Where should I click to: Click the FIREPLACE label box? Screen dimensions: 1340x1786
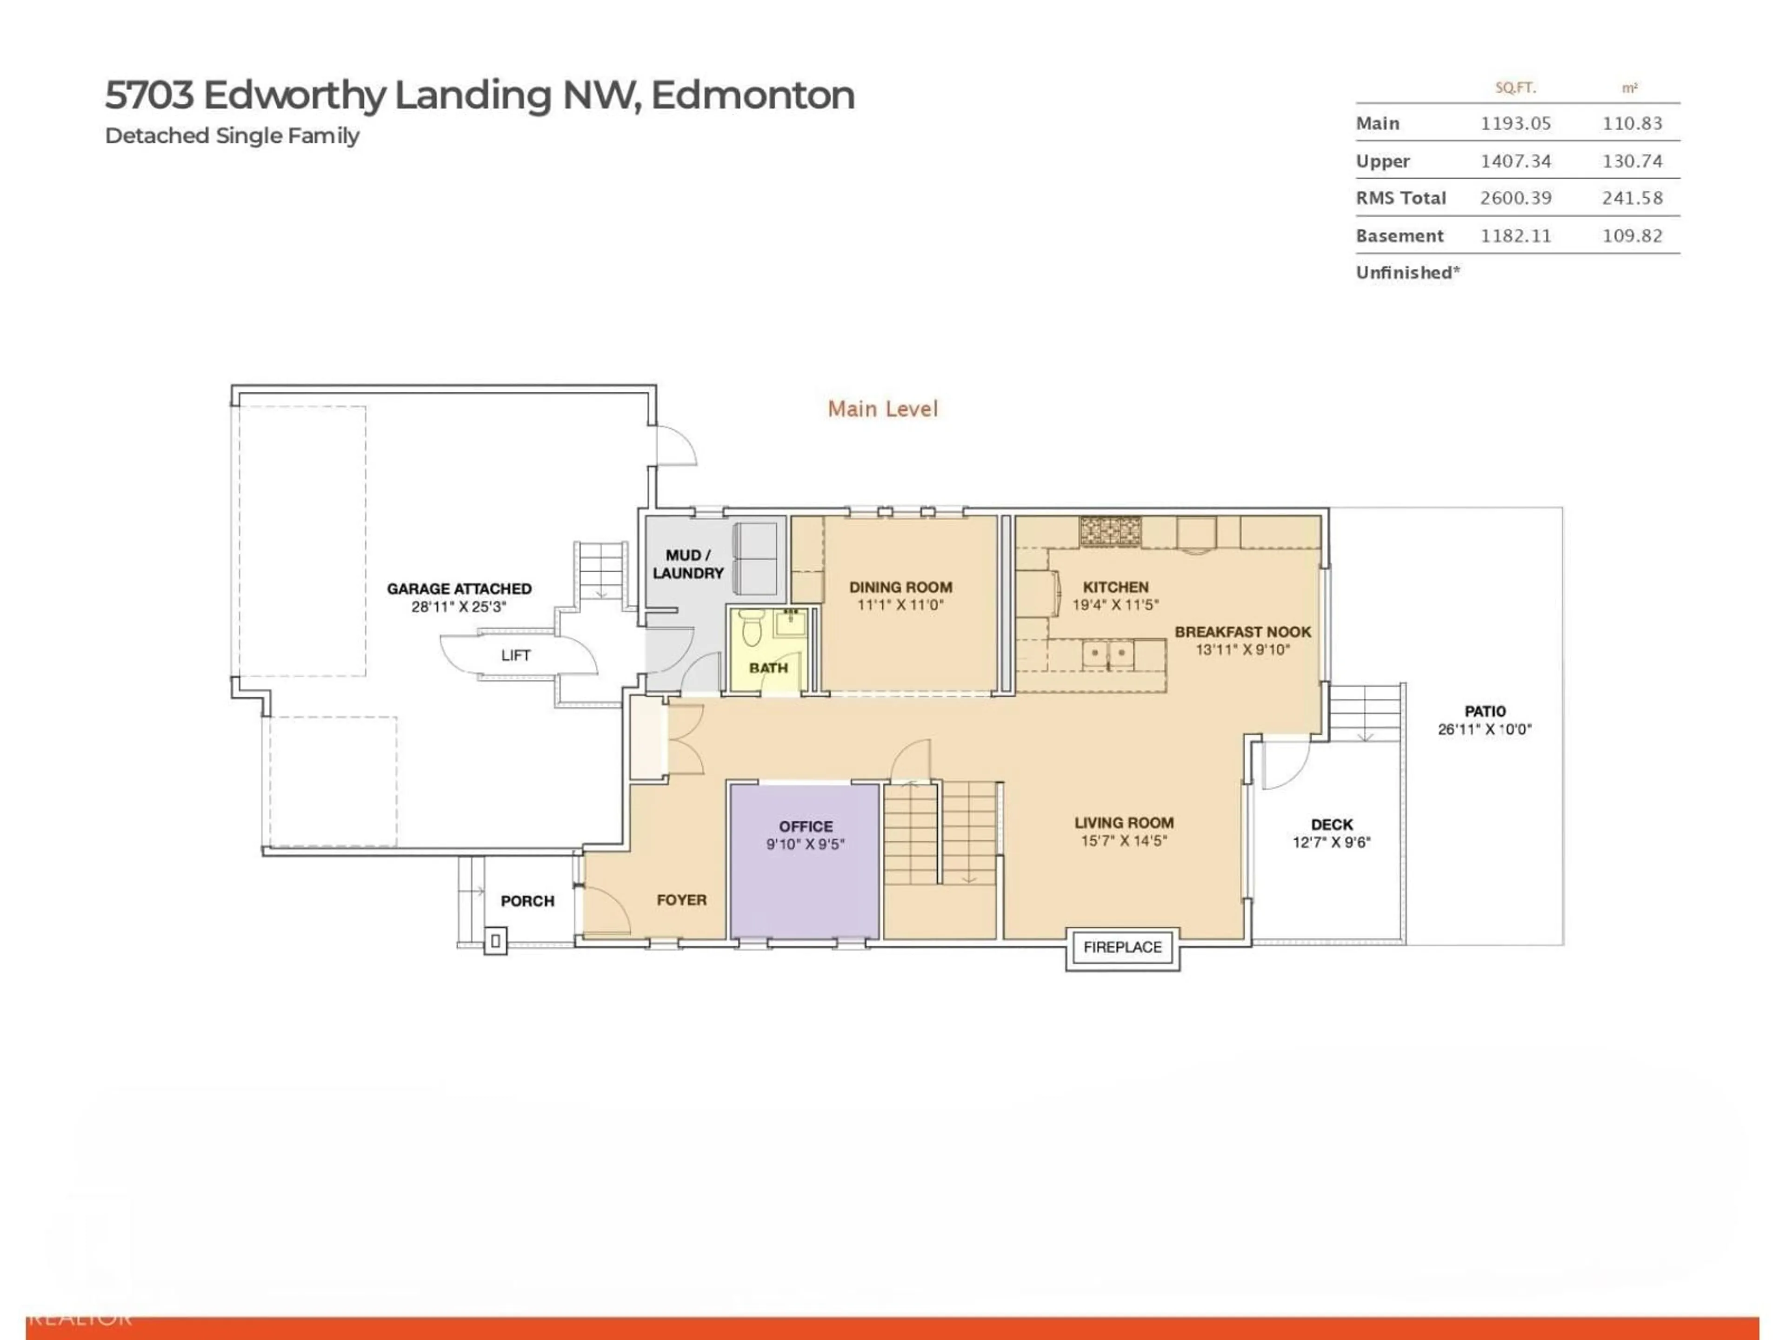[x=1122, y=947]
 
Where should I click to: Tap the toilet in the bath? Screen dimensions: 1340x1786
[x=751, y=627]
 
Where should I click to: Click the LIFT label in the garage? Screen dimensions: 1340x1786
[x=516, y=655]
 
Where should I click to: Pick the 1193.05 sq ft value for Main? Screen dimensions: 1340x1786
[x=1515, y=124]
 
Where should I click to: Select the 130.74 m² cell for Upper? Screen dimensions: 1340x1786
[x=1632, y=161]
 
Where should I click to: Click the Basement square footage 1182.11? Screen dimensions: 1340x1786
[x=1515, y=236]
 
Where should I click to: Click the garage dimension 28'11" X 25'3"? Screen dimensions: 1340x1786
[x=459, y=607]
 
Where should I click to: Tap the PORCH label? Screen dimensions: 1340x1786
[x=527, y=901]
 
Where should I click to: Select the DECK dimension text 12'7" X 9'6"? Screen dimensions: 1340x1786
[x=1332, y=843]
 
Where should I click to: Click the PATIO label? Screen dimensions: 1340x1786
[x=1485, y=711]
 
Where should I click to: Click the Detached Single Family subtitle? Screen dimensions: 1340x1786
[x=232, y=136]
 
